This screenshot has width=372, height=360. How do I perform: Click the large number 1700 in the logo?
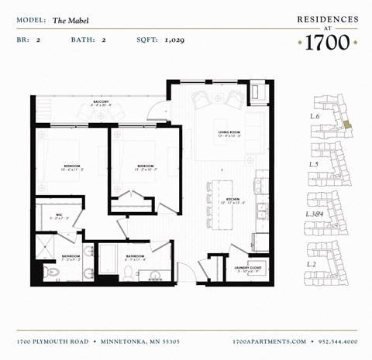[327, 43]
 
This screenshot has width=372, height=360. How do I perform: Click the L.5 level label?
[314, 164]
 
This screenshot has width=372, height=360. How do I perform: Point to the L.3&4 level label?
[314, 214]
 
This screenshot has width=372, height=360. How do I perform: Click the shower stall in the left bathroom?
[50, 241]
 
